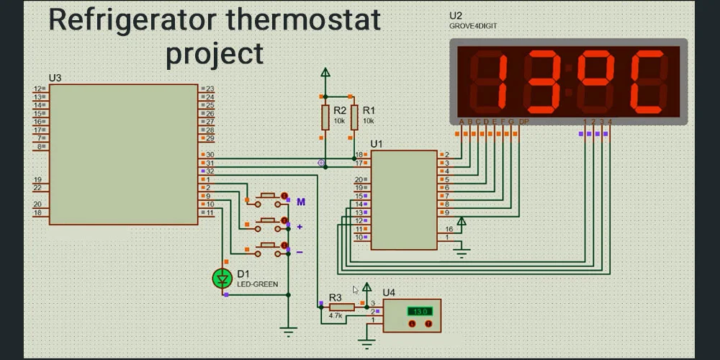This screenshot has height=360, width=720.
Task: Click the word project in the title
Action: (x=215, y=53)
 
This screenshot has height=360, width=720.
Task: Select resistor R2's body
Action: (x=325, y=117)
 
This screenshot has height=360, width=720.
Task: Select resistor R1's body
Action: (x=354, y=117)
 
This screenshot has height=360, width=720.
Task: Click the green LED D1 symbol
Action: (x=222, y=278)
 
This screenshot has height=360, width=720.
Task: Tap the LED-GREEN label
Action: (x=257, y=284)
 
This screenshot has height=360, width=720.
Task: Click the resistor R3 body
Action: (x=341, y=307)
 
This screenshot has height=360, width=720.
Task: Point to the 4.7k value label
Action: (x=336, y=315)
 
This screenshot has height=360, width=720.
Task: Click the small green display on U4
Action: (x=418, y=311)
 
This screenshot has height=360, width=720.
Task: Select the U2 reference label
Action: (x=455, y=15)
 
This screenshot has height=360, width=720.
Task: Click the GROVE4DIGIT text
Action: (x=473, y=26)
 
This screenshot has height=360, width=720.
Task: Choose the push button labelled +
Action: (x=269, y=221)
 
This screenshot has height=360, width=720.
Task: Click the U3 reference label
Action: (x=55, y=78)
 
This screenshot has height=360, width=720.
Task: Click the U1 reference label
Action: (x=377, y=144)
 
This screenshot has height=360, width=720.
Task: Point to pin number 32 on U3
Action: (x=210, y=171)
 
